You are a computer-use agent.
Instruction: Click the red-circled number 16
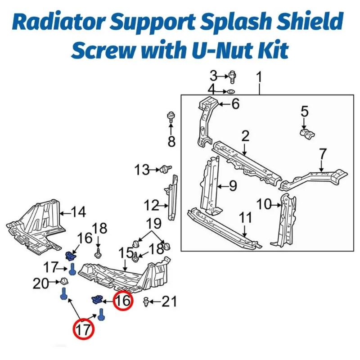(x=123, y=301)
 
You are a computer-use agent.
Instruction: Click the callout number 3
(x=214, y=75)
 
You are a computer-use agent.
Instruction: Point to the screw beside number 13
(x=165, y=169)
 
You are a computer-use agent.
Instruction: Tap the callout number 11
(x=246, y=218)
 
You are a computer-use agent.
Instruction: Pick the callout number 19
(x=153, y=223)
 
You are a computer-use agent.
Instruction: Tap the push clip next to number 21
(x=146, y=301)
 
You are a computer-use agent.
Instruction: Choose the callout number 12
(x=151, y=206)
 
